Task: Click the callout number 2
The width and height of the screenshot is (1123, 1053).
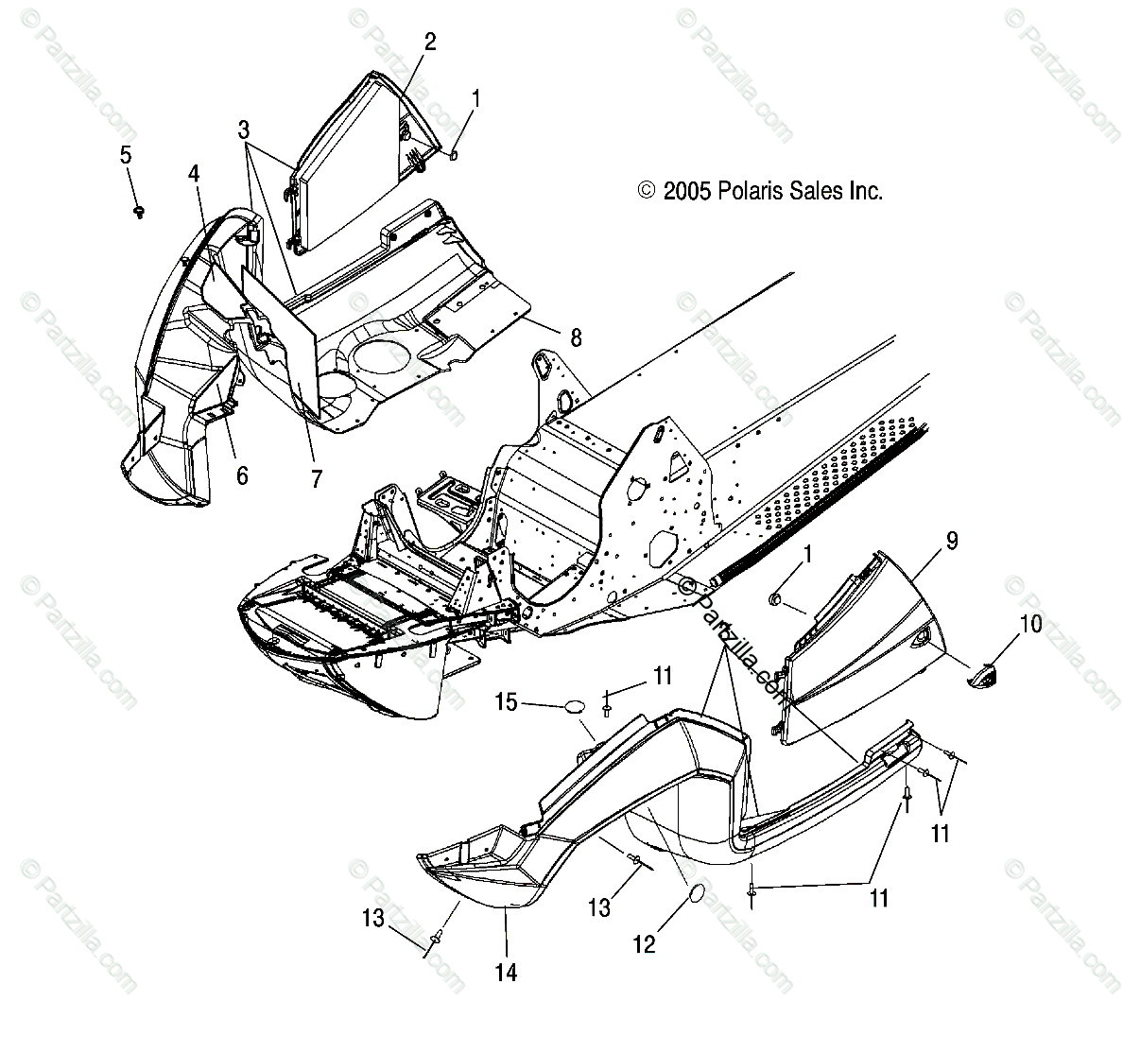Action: point(429,41)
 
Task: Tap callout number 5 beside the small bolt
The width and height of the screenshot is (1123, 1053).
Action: point(126,155)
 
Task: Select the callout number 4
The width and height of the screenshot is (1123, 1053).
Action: point(194,174)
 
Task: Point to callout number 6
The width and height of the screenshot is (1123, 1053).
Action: point(242,475)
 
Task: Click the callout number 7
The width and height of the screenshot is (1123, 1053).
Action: point(316,479)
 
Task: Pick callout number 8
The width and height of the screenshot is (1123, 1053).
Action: point(575,337)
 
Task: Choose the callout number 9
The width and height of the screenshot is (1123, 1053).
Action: point(952,541)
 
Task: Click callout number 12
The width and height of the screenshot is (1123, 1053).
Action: point(644,943)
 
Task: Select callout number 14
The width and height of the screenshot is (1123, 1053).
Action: point(507,971)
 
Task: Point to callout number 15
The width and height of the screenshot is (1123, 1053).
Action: point(506,703)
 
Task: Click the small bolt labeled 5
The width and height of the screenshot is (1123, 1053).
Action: point(139,209)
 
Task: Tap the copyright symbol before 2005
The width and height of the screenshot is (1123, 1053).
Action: point(647,191)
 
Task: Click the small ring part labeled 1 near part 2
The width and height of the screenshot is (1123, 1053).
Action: point(452,155)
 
